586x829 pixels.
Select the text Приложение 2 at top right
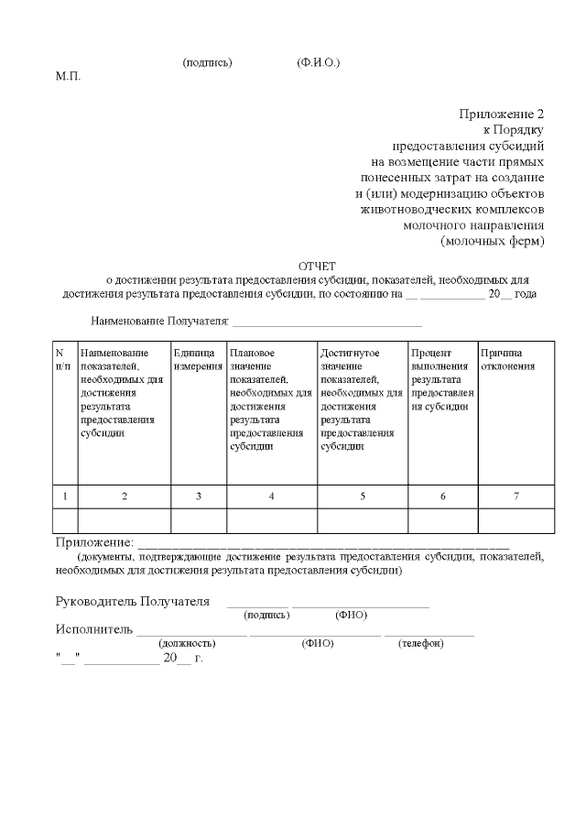click(501, 114)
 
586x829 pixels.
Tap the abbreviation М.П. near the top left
click(69, 75)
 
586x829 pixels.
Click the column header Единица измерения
click(198, 359)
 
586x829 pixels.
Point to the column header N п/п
click(62, 359)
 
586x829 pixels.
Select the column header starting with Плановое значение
click(271, 399)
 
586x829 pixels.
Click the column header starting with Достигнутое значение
click(362, 399)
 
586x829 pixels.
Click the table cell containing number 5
click(362, 496)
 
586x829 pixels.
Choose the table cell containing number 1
click(64, 496)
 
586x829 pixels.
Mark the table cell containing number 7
click(515, 496)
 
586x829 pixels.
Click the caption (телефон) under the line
click(420, 644)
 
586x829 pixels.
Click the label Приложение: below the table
click(94, 543)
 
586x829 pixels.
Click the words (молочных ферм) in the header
click(492, 241)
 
